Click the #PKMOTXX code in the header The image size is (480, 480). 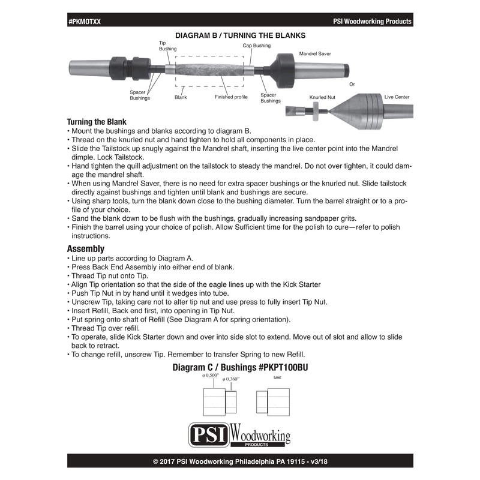point(85,22)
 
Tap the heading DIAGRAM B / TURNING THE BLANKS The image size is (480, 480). point(240,36)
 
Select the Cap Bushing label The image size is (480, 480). point(256,46)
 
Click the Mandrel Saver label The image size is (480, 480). point(316,53)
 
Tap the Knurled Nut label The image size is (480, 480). point(322,96)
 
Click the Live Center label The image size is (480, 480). point(397,96)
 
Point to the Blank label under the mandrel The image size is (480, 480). point(181,97)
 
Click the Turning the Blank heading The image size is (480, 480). point(97,121)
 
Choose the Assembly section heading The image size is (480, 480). point(86,248)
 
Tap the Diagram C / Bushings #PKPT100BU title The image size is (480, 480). point(240,367)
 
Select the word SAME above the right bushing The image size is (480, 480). point(277,377)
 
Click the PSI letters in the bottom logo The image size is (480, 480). point(208,434)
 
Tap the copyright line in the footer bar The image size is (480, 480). point(240,461)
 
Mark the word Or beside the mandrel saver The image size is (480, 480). point(352,84)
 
